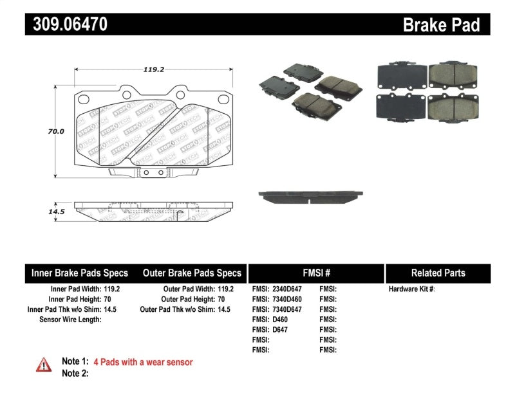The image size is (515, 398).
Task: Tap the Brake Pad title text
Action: click(x=441, y=25)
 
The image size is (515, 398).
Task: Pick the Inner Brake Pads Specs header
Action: click(x=80, y=273)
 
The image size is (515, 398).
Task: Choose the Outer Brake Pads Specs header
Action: click(x=192, y=273)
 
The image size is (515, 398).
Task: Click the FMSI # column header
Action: click(x=315, y=273)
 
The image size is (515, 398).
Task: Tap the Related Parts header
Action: click(x=438, y=273)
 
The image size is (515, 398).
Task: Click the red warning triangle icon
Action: click(x=44, y=365)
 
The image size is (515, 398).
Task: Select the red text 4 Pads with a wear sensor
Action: click(x=143, y=362)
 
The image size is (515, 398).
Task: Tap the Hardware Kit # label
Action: click(x=411, y=289)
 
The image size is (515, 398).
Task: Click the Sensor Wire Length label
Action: click(x=70, y=319)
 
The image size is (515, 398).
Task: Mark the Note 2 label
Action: click(x=75, y=373)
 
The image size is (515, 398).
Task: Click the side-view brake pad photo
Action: click(x=311, y=195)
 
